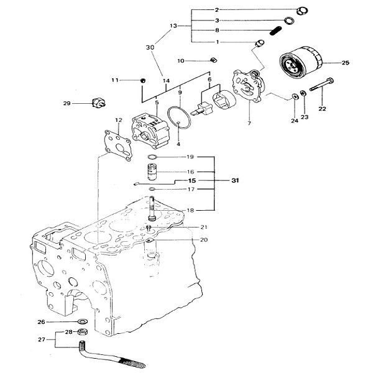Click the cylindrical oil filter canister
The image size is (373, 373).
point(301,62)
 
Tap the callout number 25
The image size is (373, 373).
point(346,63)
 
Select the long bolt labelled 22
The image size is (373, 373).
point(321,85)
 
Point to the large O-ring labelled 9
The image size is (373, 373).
point(179,117)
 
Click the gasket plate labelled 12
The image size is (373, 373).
point(118,145)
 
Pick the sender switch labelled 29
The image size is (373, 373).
point(99,103)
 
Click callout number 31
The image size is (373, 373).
point(235,180)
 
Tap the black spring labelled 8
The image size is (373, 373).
point(276,30)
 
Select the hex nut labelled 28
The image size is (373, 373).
point(83,331)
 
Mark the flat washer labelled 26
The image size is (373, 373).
point(83,321)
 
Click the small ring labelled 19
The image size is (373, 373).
point(152,157)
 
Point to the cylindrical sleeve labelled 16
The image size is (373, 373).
point(151,172)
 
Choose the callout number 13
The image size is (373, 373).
point(173,25)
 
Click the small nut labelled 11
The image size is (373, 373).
point(143,81)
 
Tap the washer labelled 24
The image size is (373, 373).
point(295,96)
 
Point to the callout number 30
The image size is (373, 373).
point(150,47)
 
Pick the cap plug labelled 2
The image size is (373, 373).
point(302,11)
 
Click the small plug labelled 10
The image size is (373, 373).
point(214,60)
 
